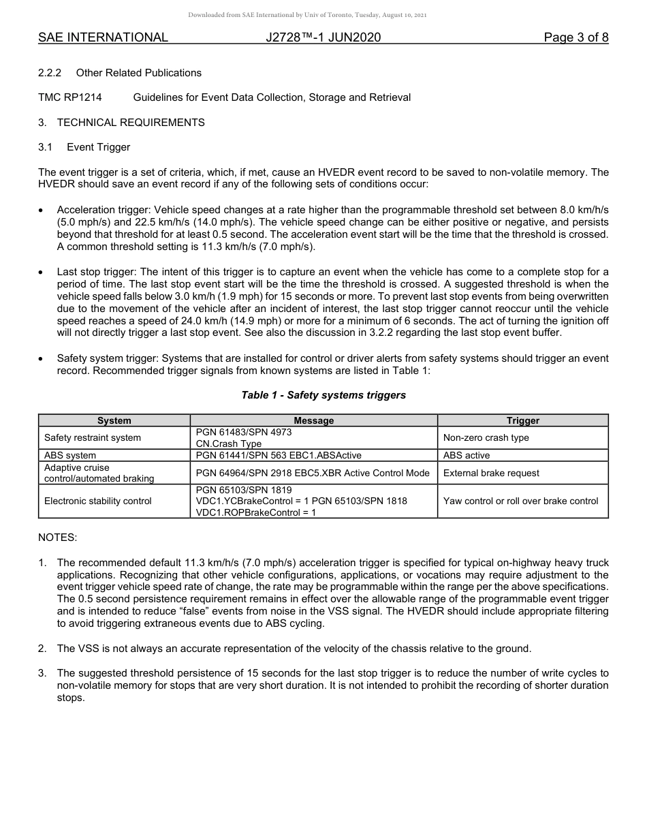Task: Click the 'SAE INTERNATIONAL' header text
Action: click(103, 37)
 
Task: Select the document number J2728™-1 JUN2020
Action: click(323, 37)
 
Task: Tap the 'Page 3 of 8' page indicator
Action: click(575, 37)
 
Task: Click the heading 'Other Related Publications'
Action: click(138, 73)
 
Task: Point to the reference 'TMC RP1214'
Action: click(70, 97)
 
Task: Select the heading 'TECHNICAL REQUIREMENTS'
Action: click(130, 123)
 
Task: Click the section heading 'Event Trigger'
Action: click(98, 147)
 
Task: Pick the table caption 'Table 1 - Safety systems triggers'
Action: click(323, 395)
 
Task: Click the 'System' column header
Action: click(114, 420)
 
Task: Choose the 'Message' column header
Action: click(313, 420)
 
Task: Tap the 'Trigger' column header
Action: click(522, 420)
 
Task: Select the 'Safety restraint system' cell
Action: click(93, 437)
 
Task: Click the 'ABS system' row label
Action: click(70, 455)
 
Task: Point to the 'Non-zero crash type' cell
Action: click(486, 437)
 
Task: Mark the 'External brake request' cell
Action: click(490, 473)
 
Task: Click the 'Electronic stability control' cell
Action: click(98, 501)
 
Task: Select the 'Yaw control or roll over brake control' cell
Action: click(520, 501)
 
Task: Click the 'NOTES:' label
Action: click(58, 538)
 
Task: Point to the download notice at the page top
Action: click(323, 15)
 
